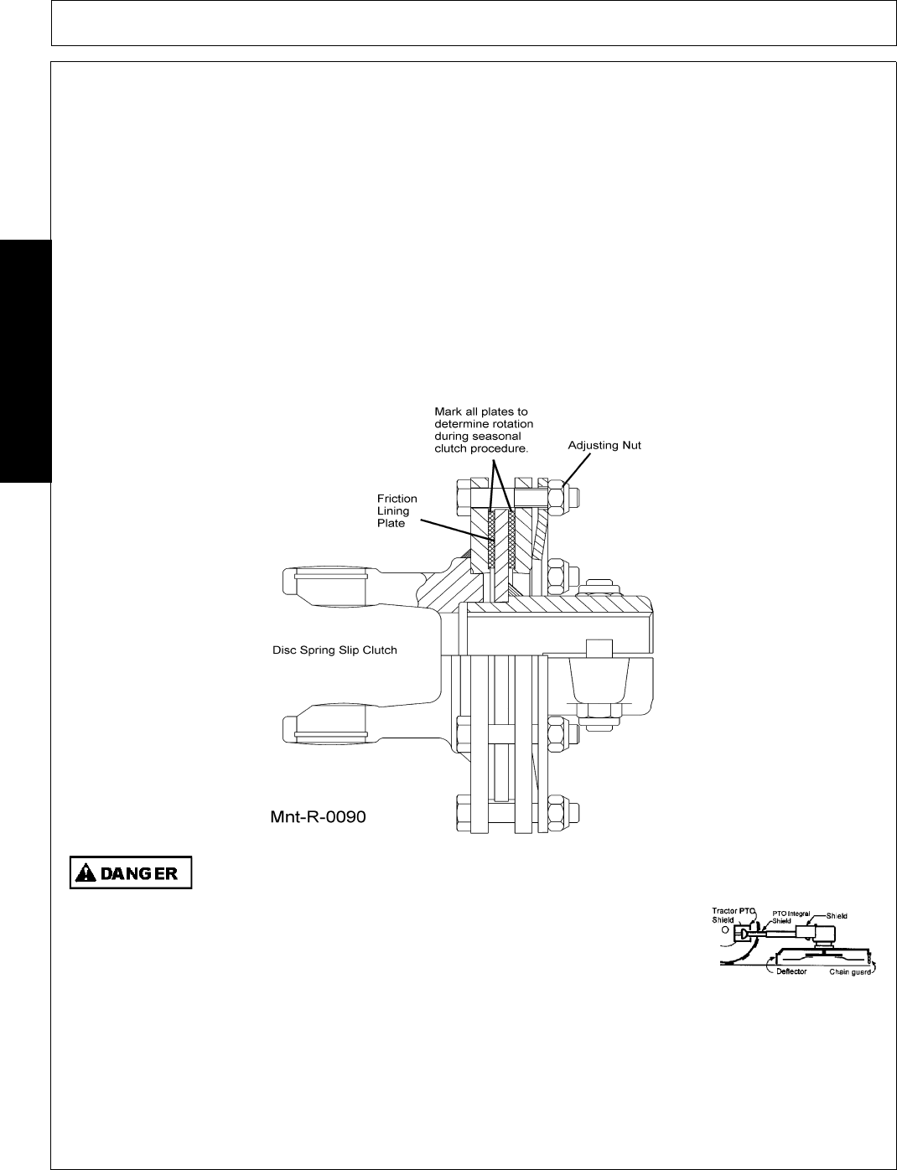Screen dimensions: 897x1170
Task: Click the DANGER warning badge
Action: pyautogui.click(x=131, y=872)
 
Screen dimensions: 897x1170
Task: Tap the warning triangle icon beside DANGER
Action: pyautogui.click(x=86, y=872)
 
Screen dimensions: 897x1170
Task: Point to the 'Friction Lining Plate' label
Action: pyautogui.click(x=397, y=511)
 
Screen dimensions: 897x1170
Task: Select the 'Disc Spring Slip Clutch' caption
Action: pyautogui.click(x=334, y=650)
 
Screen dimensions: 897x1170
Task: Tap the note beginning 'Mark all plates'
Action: pyautogui.click(x=481, y=430)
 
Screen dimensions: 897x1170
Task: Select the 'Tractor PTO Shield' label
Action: pyautogui.click(x=733, y=914)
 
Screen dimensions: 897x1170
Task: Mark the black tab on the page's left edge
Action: pyautogui.click(x=25, y=360)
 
